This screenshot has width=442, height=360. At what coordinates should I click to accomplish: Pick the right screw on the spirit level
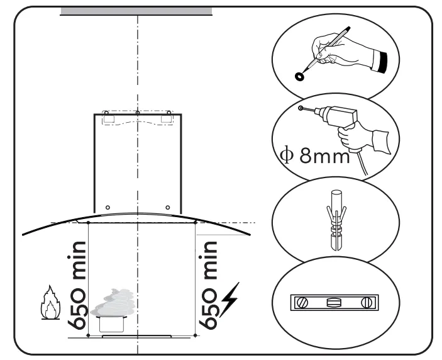(366, 302)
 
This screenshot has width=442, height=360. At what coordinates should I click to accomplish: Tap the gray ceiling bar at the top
(136, 11)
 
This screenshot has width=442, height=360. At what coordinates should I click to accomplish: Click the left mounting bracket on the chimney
(108, 118)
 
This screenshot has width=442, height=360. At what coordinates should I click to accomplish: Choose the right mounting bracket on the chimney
(167, 118)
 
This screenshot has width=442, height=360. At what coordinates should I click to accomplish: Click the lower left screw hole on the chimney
(108, 207)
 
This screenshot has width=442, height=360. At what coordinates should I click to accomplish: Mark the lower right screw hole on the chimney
(167, 207)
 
